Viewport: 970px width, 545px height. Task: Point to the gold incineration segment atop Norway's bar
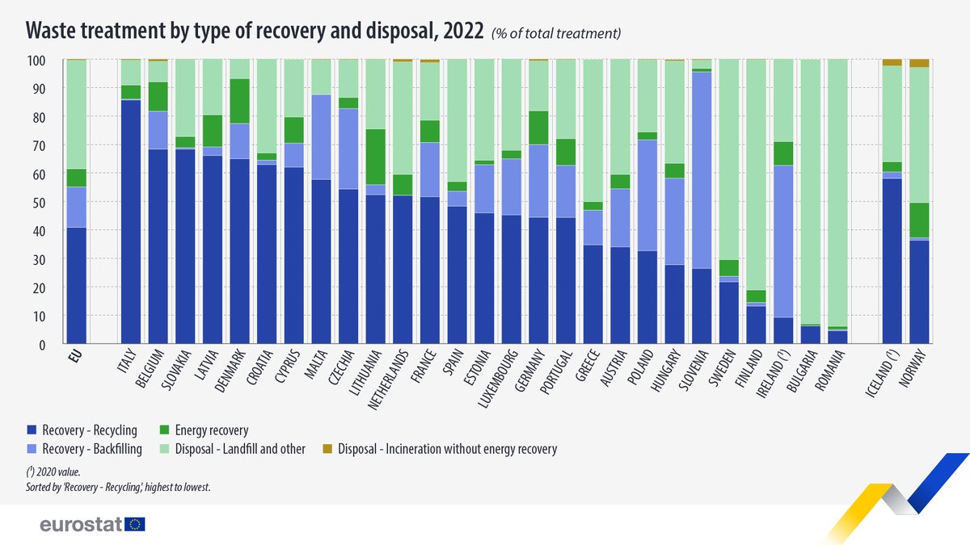click(x=919, y=63)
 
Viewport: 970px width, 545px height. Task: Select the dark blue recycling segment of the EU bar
click(x=76, y=286)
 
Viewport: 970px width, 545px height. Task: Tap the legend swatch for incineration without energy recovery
click(x=327, y=449)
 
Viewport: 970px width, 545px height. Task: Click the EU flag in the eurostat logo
click(x=135, y=525)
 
